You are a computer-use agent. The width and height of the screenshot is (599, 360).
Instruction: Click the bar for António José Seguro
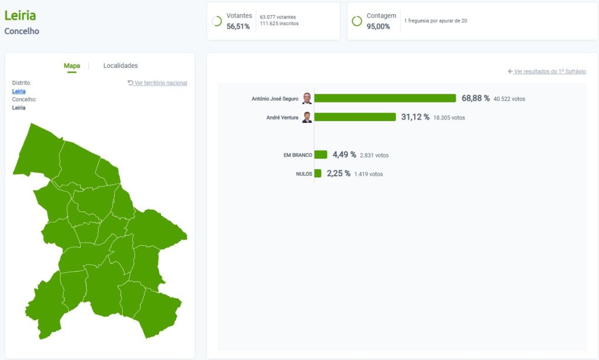click(385, 98)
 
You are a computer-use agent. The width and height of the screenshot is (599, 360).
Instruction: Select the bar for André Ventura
click(355, 117)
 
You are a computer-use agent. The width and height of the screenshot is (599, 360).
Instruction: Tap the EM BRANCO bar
click(321, 155)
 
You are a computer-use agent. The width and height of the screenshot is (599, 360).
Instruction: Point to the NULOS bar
click(318, 173)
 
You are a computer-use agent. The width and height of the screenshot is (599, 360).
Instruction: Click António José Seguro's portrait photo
click(307, 98)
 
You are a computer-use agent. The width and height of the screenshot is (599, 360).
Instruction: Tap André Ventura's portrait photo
click(307, 117)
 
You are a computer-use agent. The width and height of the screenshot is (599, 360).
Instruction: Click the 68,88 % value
click(475, 98)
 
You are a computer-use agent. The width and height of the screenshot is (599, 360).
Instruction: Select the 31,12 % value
click(415, 117)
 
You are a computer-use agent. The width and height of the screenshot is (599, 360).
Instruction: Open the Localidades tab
click(121, 66)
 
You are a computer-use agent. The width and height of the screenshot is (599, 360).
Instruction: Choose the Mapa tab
click(72, 66)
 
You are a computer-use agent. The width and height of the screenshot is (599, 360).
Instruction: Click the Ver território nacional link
click(157, 83)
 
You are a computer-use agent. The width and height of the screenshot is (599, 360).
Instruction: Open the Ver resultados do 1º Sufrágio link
click(547, 71)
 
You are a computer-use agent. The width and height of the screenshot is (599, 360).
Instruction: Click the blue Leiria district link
click(19, 91)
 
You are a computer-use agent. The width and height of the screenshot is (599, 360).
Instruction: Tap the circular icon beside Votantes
click(216, 21)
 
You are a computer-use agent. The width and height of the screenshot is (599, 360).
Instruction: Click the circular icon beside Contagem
click(357, 21)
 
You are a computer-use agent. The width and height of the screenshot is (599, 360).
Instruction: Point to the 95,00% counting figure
click(378, 26)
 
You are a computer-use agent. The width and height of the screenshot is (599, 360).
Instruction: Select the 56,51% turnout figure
click(238, 26)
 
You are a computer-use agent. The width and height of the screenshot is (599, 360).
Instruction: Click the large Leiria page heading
click(20, 15)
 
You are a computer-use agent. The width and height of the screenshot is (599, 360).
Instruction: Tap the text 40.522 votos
click(509, 99)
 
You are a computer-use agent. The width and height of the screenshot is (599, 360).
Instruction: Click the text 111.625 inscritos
click(279, 24)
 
